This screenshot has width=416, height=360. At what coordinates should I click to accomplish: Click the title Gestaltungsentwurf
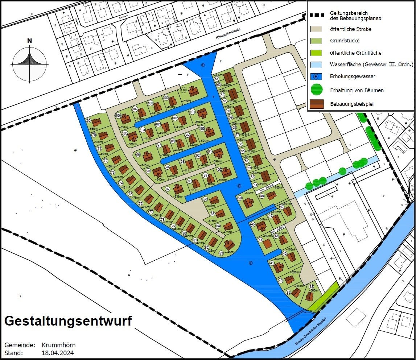(68, 321)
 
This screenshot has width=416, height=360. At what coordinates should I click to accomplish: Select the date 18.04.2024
(58, 353)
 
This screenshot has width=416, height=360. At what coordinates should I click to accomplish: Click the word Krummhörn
(59, 345)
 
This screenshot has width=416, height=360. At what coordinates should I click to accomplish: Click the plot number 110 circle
(184, 90)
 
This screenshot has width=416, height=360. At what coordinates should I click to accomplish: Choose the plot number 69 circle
(88, 120)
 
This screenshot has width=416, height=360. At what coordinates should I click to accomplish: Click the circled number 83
(221, 253)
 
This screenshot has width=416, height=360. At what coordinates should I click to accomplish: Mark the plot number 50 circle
(240, 198)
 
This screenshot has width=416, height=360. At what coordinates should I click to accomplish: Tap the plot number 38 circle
(311, 286)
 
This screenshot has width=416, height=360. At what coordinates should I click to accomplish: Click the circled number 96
(138, 154)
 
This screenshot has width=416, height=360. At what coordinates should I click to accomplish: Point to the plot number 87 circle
(168, 189)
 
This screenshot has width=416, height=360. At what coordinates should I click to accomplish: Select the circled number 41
(272, 263)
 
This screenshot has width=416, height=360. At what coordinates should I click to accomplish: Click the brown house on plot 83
(229, 245)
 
